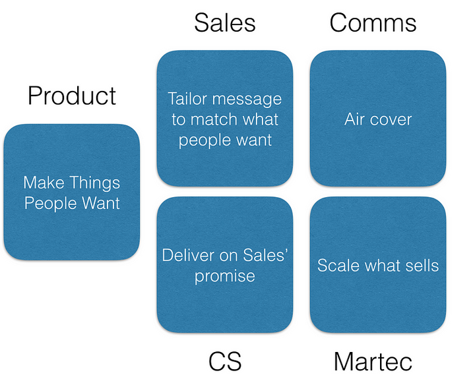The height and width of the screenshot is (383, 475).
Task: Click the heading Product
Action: pyautogui.click(x=72, y=96)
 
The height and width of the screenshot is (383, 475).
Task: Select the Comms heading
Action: pyautogui.click(x=373, y=23)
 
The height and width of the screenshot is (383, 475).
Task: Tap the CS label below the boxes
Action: pyautogui.click(x=224, y=361)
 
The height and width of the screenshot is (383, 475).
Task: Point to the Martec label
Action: pyautogui.click(x=373, y=361)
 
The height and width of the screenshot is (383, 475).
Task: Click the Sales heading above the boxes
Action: pyautogui.click(x=224, y=23)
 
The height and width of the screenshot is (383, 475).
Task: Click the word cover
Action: pyautogui.click(x=393, y=119)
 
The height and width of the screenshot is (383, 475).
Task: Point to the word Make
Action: pyautogui.click(x=44, y=183)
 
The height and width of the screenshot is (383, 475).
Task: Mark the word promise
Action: pyautogui.click(x=224, y=275)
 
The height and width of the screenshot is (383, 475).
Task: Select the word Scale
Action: pyautogui.click(x=336, y=265)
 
